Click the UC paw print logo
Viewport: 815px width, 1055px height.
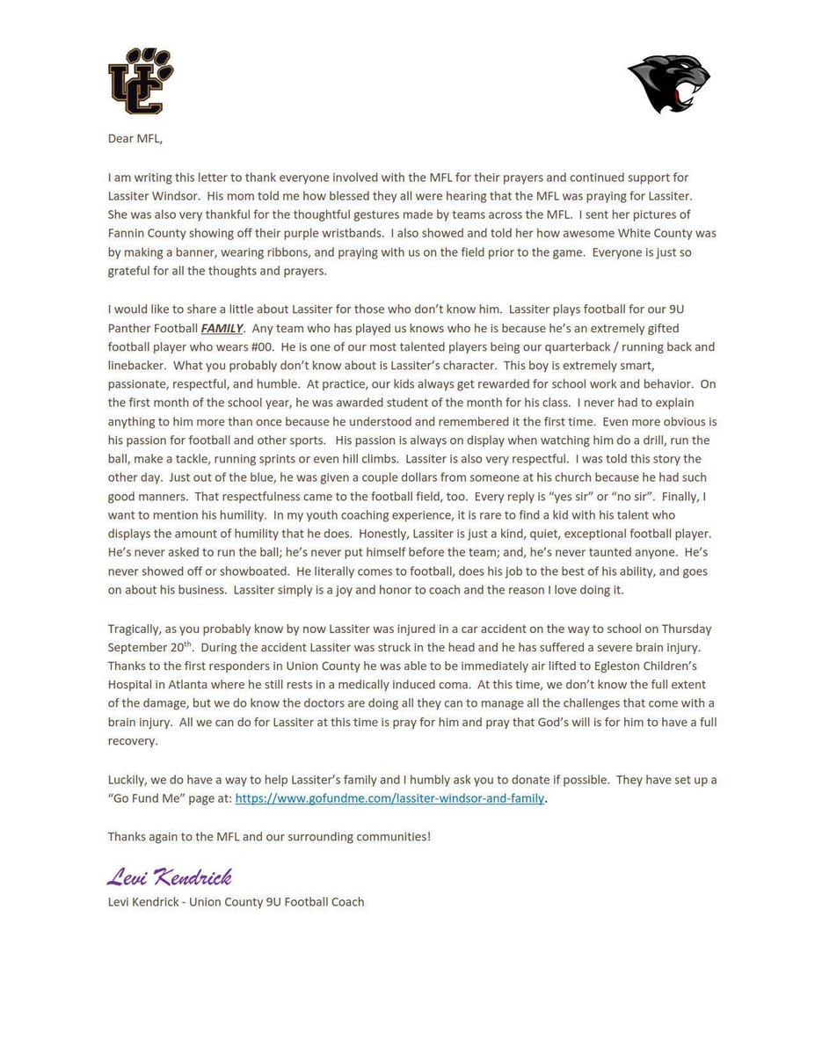(x=140, y=83)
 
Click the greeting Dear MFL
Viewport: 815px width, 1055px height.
(x=136, y=139)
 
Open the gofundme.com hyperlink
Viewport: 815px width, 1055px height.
(x=390, y=798)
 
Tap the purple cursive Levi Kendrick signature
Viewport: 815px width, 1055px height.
(x=170, y=877)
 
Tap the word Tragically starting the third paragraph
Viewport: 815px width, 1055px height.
(x=136, y=629)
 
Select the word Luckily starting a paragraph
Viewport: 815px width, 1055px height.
(x=129, y=780)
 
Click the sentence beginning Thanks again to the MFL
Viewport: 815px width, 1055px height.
(x=269, y=836)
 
